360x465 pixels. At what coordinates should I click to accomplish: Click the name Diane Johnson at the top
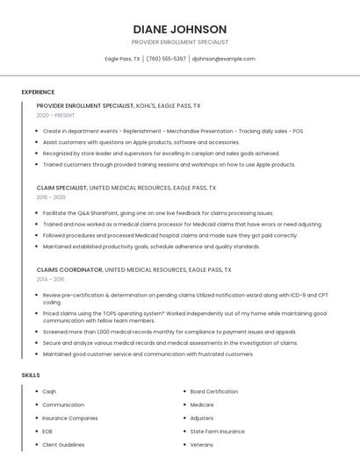coord(180,29)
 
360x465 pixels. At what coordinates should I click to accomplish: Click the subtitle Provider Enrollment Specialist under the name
coord(180,42)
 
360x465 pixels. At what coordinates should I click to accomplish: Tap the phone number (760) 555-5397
coord(165,59)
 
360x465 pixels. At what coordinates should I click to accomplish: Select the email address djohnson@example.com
coord(223,59)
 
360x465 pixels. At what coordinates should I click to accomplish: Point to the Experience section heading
coord(38,92)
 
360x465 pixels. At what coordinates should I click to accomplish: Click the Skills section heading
coord(31,376)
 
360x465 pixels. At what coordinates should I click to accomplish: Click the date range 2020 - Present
coord(55,115)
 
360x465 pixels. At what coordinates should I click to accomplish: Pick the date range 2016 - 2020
coord(51,197)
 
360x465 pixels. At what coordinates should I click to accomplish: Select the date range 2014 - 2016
coord(50,279)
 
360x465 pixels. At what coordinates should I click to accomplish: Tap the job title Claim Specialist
coord(61,188)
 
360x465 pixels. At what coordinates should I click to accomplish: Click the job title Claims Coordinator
coord(69,269)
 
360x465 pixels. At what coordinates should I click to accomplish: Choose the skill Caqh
coord(49,391)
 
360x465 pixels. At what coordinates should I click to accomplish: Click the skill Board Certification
coord(213,391)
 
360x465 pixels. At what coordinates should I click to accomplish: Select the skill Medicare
coord(202,404)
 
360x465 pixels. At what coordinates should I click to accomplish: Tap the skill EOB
coord(47,432)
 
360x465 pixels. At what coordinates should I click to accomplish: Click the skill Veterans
coord(202,445)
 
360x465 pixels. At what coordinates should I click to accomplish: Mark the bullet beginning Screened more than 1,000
coord(157,333)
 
